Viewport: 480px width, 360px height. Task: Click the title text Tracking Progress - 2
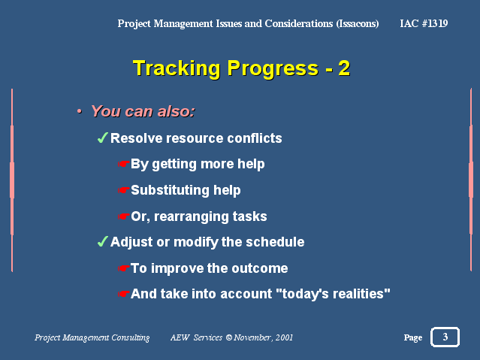coord(242,68)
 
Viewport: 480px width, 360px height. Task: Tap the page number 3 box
coord(445,337)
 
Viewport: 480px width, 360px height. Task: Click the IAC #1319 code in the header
coord(424,23)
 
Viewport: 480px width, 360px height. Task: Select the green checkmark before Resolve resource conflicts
coord(103,138)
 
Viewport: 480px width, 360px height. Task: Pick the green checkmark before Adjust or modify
coord(103,241)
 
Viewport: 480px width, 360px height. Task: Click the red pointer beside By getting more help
coord(124,164)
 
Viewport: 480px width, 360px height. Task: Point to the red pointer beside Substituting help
coord(124,190)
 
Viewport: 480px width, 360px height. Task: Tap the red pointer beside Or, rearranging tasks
coord(124,216)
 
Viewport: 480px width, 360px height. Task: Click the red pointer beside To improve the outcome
coord(124,268)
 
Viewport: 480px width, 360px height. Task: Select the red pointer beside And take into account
coord(124,294)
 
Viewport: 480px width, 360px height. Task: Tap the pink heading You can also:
coord(143,111)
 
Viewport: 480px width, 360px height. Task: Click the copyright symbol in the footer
coord(229,337)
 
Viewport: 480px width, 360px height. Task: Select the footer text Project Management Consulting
coord(92,337)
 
